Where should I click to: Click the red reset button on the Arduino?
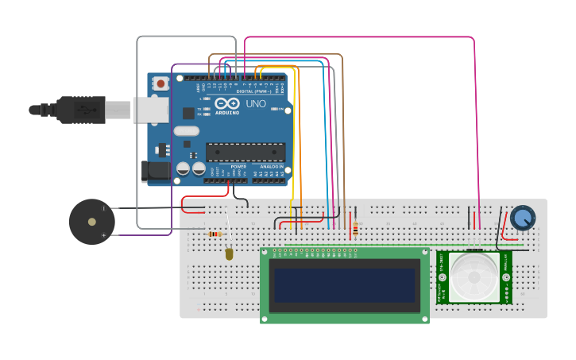point(161,83)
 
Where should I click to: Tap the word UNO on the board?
point(256,104)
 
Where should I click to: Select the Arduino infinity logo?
point(227,104)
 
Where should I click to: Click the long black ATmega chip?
point(245,151)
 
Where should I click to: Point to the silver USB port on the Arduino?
point(150,109)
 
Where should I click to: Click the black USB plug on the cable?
point(80,109)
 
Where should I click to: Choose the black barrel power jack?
point(155,170)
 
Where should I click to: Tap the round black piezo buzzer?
point(92,222)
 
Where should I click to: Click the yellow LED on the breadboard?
point(230,254)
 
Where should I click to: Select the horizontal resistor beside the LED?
point(215,234)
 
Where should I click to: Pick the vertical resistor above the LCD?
point(355,227)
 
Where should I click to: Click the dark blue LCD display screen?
point(344,285)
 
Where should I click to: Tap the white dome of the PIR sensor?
point(476,277)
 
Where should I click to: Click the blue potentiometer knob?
point(522,217)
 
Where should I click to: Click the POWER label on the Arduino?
point(238,167)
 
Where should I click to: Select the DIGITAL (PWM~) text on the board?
point(253,91)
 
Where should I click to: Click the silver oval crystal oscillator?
point(186,131)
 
